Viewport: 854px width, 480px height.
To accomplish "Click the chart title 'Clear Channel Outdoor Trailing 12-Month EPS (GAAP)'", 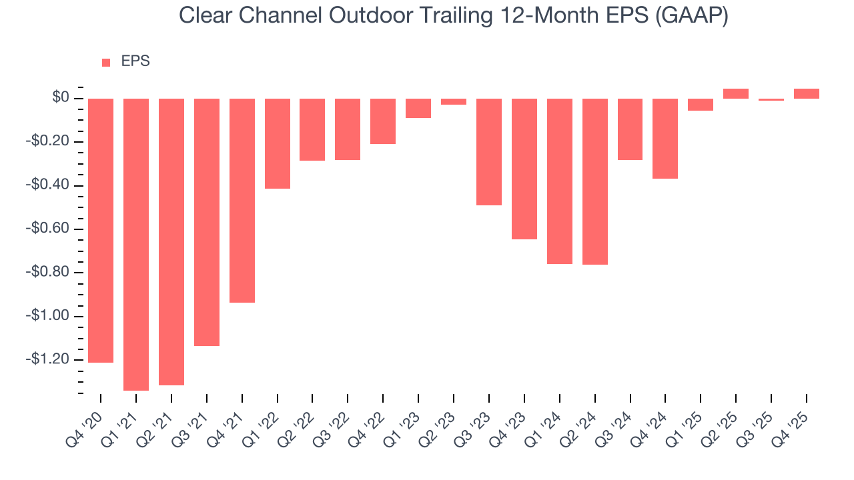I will tap(453, 15).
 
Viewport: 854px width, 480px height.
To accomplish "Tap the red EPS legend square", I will tap(106, 63).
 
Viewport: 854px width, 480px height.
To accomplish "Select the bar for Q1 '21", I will tap(136, 244).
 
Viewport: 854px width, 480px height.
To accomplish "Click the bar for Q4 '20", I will tap(101, 230).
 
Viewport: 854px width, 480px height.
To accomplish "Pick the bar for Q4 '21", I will tap(242, 200).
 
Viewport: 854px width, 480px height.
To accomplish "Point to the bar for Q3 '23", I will tap(489, 151).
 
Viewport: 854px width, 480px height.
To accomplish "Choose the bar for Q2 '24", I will tap(595, 181).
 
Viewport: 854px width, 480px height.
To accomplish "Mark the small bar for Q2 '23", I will tap(454, 101).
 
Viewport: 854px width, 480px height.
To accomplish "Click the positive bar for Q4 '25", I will tap(807, 93).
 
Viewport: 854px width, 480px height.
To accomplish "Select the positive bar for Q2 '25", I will tap(736, 93).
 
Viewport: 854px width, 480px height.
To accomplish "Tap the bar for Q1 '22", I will tap(278, 143).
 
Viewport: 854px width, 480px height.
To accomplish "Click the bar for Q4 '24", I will tap(665, 138).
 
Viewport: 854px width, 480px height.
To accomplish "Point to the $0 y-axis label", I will tap(61, 98).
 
